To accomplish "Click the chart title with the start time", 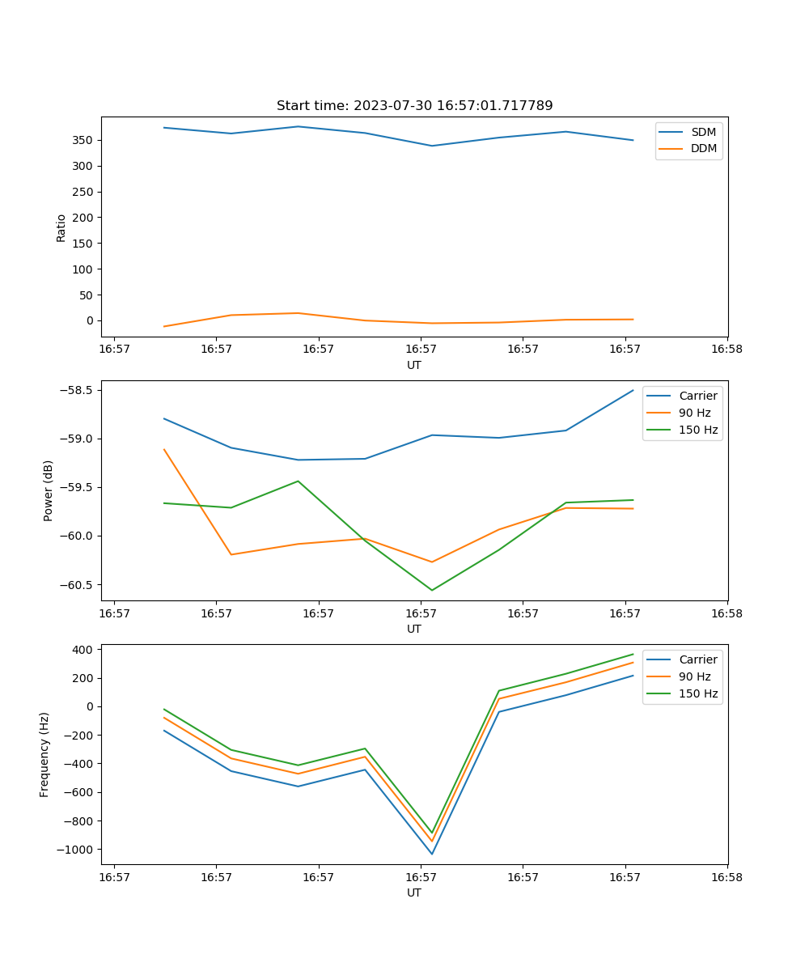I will [414, 106].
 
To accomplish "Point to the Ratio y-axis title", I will [61, 227].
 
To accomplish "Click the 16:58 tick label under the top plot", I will [726, 350].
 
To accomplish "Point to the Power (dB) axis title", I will [49, 490].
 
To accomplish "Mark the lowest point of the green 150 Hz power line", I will [432, 590].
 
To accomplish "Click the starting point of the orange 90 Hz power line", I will [164, 449].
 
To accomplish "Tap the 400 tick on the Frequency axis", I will [84, 649].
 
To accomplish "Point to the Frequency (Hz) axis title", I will [44, 754].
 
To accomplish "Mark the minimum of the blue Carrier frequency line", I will [432, 854].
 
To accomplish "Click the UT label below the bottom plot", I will [414, 893].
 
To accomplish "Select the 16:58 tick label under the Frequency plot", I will [726, 877].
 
